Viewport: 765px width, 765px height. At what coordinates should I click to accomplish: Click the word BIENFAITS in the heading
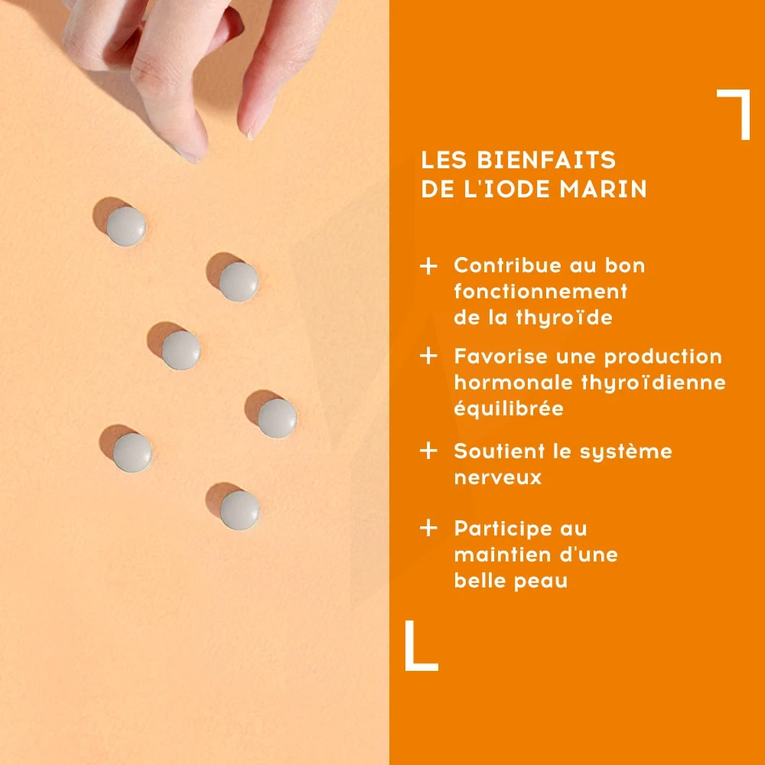(546, 160)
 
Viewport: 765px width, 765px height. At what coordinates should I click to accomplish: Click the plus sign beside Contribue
(428, 266)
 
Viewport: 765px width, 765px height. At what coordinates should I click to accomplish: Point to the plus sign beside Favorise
(428, 356)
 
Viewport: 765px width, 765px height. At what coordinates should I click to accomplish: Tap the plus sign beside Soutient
(428, 451)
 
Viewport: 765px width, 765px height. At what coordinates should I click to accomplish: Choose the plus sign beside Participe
(428, 528)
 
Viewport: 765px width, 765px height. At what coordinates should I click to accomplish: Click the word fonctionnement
(541, 291)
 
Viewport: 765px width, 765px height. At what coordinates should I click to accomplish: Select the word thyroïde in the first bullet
(564, 318)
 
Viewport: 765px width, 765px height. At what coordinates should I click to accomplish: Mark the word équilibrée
(509, 409)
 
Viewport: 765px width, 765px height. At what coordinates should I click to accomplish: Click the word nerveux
(498, 477)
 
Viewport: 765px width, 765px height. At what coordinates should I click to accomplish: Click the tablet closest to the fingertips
(126, 226)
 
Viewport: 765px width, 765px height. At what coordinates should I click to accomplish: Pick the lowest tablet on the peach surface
(239, 509)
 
